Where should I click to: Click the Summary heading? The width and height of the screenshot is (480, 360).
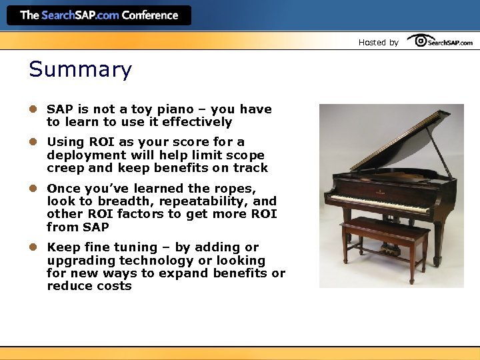(80, 70)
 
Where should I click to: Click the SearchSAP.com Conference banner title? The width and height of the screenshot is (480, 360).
(99, 15)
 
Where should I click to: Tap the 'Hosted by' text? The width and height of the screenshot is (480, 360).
(378, 42)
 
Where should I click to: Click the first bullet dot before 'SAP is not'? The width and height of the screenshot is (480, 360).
(32, 109)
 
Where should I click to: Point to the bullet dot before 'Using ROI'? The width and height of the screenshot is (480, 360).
(32, 142)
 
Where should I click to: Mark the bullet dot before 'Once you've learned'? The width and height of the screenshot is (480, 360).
(32, 188)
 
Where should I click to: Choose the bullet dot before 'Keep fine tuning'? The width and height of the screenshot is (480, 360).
(32, 247)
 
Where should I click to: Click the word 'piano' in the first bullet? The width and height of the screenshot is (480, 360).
(156, 109)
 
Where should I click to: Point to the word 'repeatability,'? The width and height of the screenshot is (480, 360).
(205, 201)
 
